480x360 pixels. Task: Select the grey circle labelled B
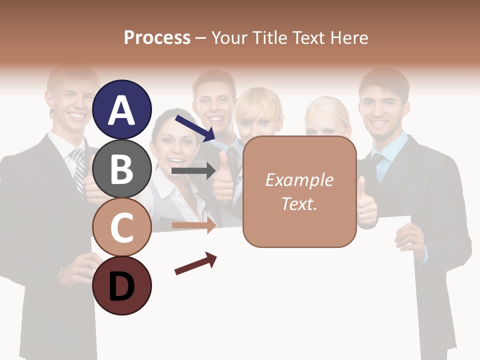pyautogui.click(x=121, y=168)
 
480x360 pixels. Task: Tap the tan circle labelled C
pyautogui.click(x=121, y=226)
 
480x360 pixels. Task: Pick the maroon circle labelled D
pyautogui.click(x=121, y=285)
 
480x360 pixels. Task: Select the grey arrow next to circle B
pyautogui.click(x=193, y=171)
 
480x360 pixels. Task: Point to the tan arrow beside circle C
pyautogui.click(x=194, y=225)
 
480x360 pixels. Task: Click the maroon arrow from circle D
pyautogui.click(x=195, y=263)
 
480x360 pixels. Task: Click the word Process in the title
pyautogui.click(x=157, y=37)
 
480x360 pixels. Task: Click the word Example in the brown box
pyautogui.click(x=299, y=180)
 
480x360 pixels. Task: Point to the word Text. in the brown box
pyautogui.click(x=299, y=203)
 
